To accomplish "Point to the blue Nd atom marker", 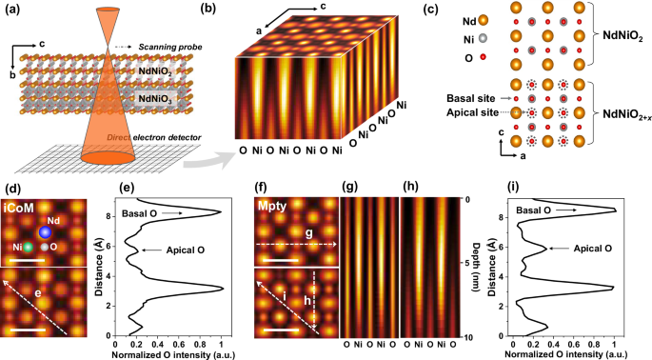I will [x=43, y=233].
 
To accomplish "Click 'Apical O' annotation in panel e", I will [x=182, y=250].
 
